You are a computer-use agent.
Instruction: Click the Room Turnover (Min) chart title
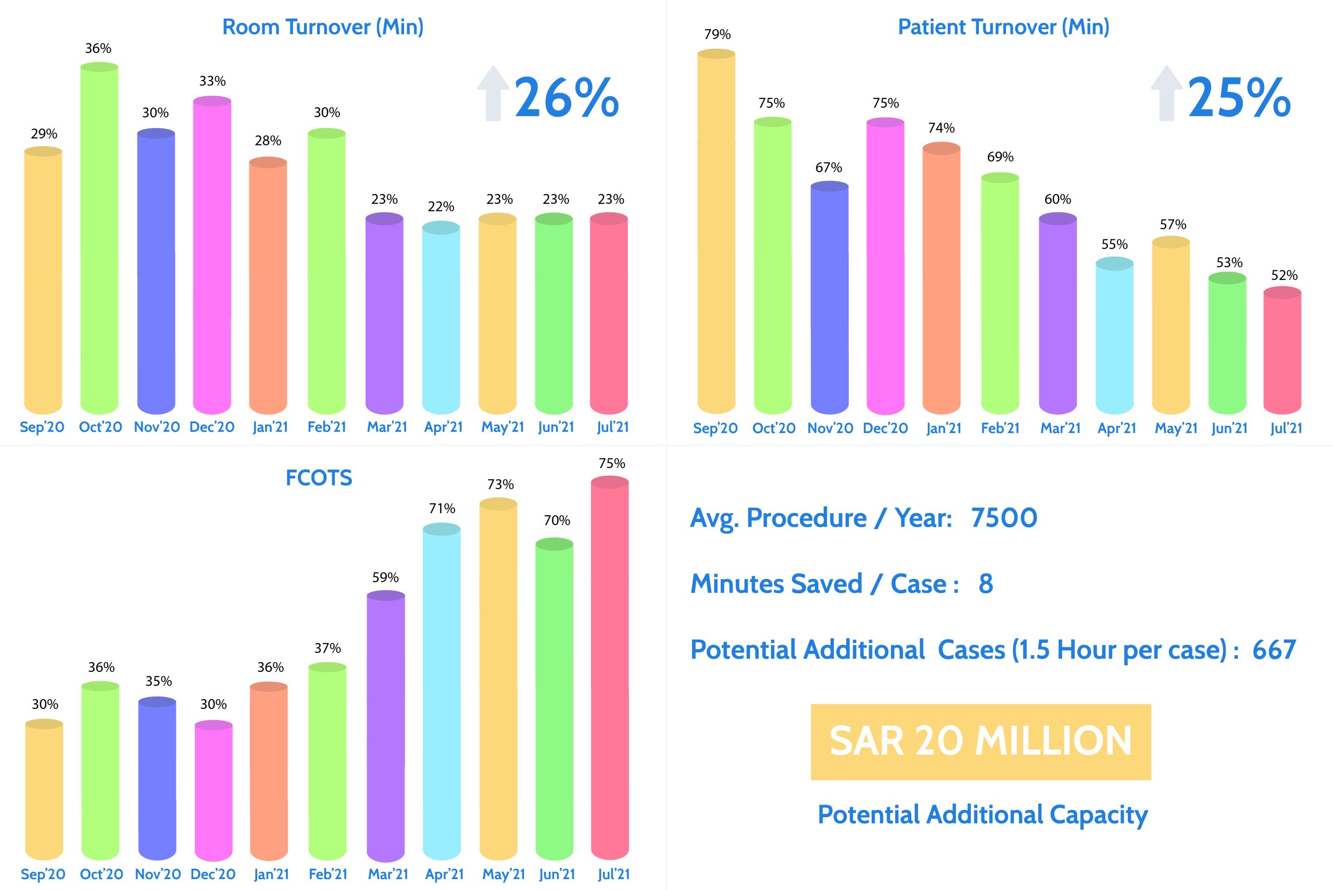click(322, 27)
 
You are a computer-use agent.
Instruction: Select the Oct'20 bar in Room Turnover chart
click(99, 238)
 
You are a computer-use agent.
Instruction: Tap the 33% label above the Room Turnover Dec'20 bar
click(212, 81)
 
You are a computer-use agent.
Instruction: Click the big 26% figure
click(566, 98)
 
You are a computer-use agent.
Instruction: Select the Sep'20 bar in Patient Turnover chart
click(716, 233)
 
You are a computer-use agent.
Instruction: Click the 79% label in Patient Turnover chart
click(717, 35)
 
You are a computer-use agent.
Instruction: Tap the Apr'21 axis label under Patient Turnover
click(1117, 428)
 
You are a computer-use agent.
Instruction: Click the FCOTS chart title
click(319, 478)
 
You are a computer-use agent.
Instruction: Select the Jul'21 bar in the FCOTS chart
click(610, 670)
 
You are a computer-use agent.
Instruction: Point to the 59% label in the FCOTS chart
click(385, 578)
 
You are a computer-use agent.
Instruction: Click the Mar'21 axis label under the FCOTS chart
click(388, 874)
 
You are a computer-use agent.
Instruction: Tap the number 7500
click(1004, 518)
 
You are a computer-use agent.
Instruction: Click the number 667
click(1274, 650)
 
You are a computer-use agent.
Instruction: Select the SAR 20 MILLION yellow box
click(980, 741)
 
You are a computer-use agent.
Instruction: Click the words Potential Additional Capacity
click(982, 815)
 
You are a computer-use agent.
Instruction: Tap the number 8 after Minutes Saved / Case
click(986, 583)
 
